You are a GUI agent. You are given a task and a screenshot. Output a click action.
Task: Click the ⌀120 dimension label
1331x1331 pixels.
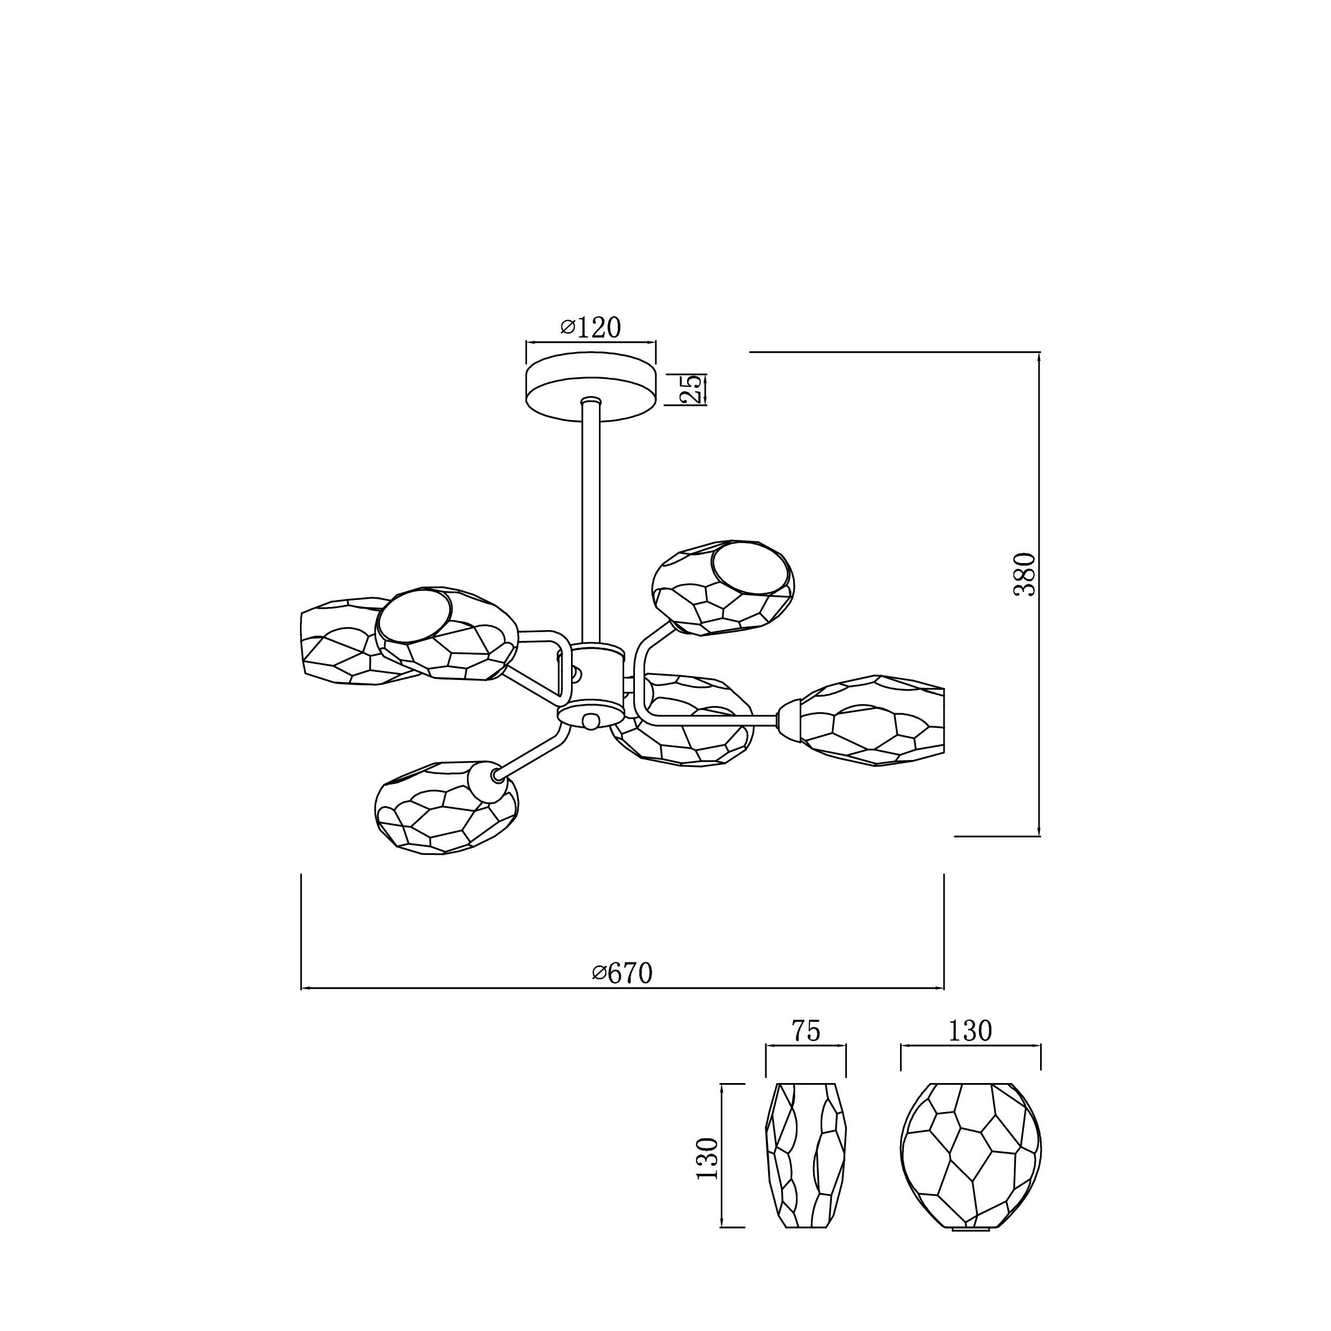click(590, 327)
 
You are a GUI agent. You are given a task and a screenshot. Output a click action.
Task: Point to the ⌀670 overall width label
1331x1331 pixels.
click(622, 973)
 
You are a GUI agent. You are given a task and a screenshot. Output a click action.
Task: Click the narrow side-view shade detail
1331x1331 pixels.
click(806, 1164)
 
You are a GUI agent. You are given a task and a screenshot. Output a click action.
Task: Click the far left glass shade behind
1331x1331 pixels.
click(352, 641)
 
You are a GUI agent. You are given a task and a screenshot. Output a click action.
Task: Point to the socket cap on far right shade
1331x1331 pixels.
click(789, 720)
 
